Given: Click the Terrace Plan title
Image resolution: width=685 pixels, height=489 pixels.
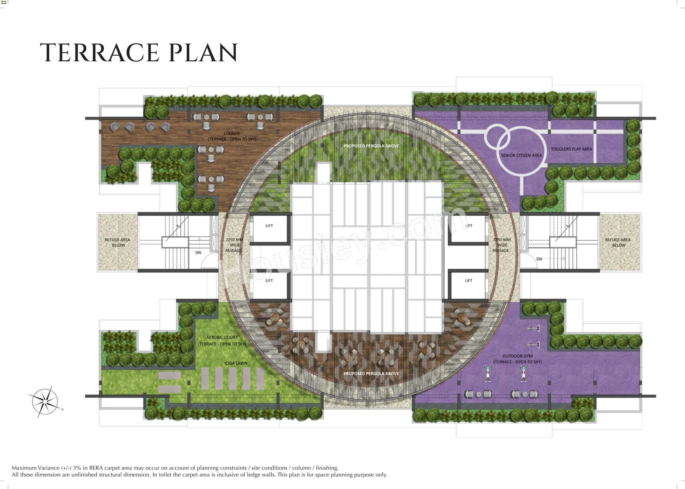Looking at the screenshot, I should [x=139, y=53].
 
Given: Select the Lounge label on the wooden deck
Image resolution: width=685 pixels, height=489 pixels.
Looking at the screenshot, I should [x=232, y=136].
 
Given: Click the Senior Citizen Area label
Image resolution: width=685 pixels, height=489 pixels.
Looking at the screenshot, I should [x=521, y=155].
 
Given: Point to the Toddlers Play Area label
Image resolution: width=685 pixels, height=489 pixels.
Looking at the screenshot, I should [x=571, y=149].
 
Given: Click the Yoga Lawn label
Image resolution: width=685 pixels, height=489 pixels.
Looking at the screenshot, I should [x=235, y=363].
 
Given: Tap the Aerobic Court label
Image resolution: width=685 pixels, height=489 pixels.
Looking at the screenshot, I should [x=222, y=341].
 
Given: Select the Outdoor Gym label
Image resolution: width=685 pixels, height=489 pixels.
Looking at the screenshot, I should [x=517, y=359].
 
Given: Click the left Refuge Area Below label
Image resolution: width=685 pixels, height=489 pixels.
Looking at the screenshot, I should [x=118, y=242].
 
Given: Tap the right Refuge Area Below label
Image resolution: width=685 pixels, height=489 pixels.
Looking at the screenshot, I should [x=618, y=242].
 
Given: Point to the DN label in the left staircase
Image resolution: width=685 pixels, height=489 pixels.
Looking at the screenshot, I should [x=198, y=253].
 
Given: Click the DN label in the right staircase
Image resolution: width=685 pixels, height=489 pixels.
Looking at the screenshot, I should [x=539, y=259].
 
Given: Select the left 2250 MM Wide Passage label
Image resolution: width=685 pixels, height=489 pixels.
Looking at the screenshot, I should [x=234, y=245].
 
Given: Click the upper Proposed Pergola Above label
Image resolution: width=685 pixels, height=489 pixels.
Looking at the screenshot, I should [x=371, y=146].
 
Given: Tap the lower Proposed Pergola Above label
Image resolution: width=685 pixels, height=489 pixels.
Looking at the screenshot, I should [x=371, y=373].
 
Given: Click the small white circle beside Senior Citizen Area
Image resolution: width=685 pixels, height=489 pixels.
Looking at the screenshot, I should [x=497, y=137].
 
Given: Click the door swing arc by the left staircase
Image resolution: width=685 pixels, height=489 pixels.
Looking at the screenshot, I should [x=208, y=261].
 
